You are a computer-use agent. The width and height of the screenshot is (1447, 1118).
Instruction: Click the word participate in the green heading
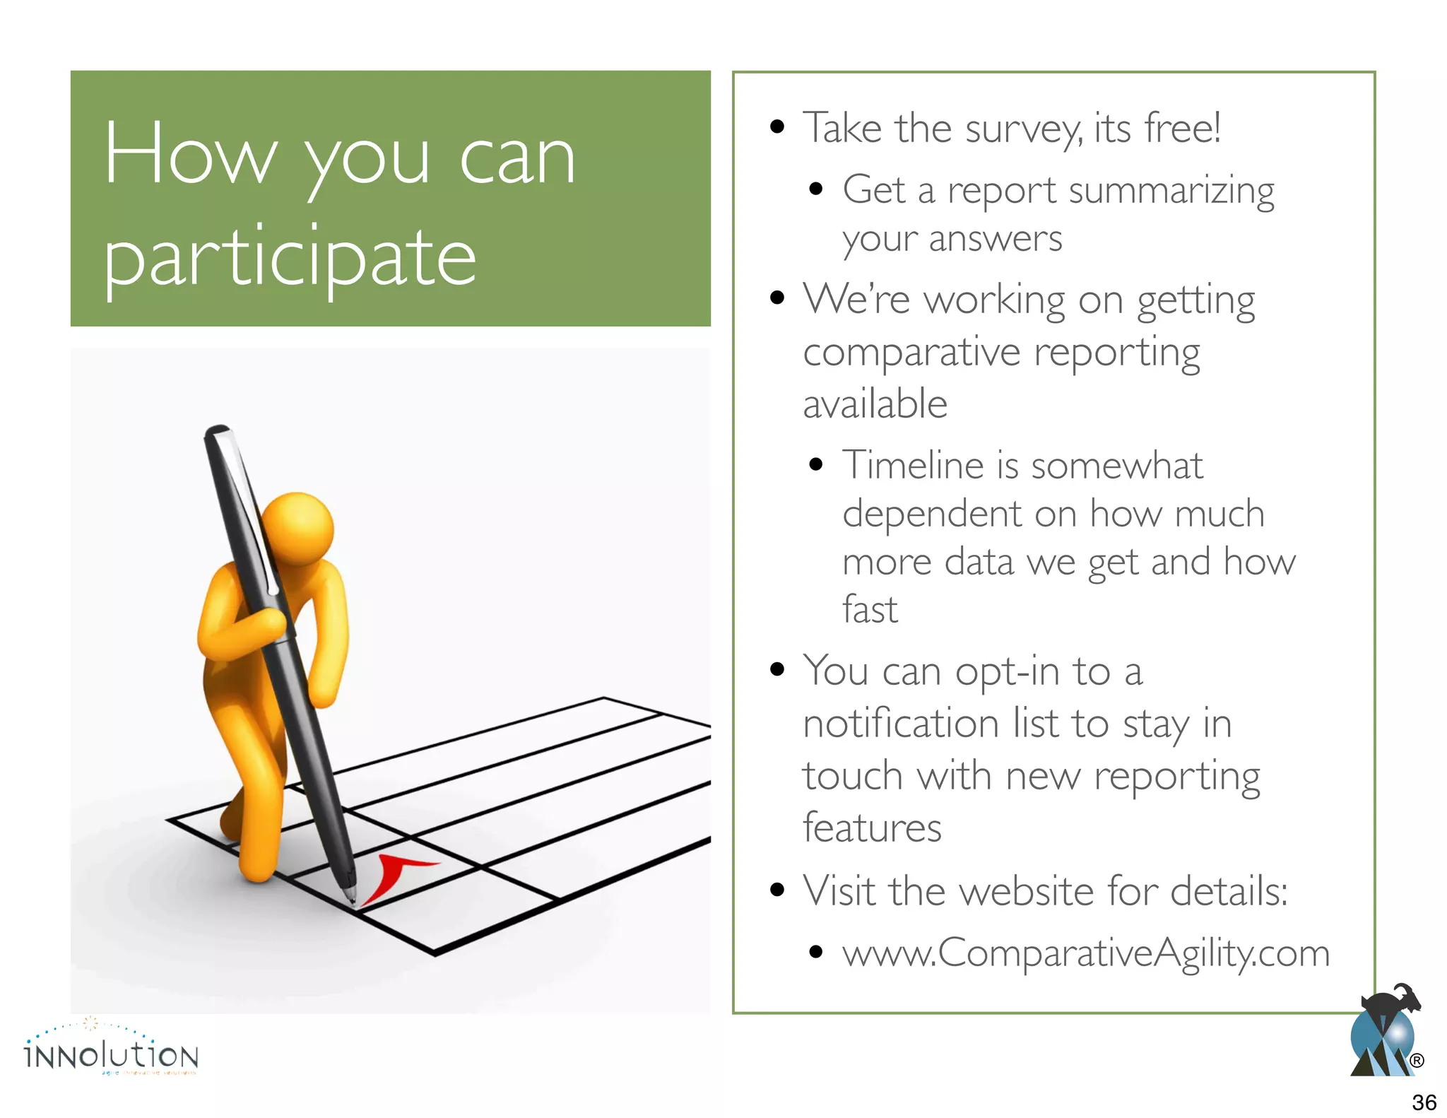click(x=290, y=258)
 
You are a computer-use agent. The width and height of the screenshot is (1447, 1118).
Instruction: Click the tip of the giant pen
click(x=351, y=900)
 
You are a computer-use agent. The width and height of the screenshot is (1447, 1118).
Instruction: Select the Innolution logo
click(x=112, y=1053)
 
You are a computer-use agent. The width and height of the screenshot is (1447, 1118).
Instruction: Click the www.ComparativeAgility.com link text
click(x=1086, y=953)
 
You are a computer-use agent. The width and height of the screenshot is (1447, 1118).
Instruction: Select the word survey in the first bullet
click(x=1023, y=129)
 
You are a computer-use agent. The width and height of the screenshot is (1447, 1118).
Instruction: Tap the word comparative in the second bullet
click(x=911, y=353)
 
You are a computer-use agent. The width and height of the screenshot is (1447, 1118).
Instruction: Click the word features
click(x=872, y=828)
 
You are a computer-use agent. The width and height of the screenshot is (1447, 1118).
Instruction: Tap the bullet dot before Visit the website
click(x=777, y=890)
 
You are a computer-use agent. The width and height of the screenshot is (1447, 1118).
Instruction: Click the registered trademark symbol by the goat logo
click(x=1417, y=1061)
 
